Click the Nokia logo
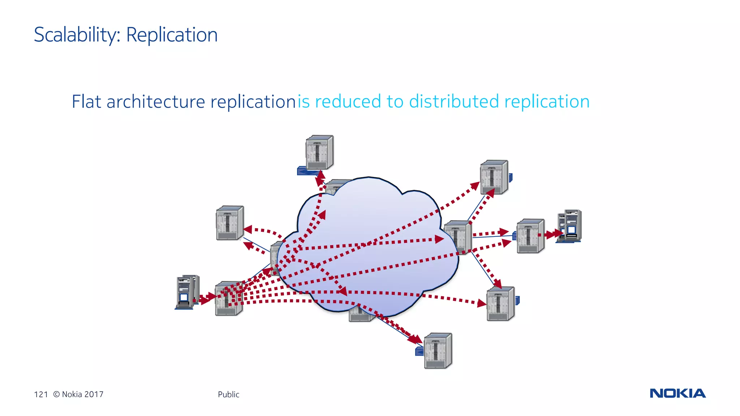677,393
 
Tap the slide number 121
41,394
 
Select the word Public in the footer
228,394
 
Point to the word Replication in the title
172,35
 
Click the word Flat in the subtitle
86,101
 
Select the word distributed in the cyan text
454,101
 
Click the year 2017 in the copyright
94,394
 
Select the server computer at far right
570,226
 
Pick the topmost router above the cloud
319,152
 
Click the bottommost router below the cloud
438,350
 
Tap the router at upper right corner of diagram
494,177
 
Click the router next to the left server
228,298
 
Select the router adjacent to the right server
530,236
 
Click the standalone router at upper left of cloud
230,223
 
